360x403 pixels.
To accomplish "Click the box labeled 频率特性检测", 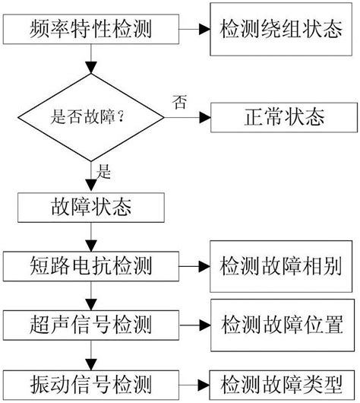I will (91, 30).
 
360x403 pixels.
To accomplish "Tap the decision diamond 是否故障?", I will (91, 119).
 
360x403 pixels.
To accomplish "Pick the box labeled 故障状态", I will (91, 206).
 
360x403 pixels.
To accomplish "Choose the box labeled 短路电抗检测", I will (91, 266).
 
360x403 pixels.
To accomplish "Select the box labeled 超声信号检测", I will (91, 324).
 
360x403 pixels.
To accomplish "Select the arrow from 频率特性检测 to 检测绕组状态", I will (194, 30).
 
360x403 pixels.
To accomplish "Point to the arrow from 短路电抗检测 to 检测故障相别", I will (195, 267).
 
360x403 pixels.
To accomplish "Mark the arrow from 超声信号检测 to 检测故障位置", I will (195, 325).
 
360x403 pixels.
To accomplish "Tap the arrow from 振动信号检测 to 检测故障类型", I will (195, 382).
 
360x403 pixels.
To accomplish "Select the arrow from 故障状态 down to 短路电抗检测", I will (91, 236).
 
